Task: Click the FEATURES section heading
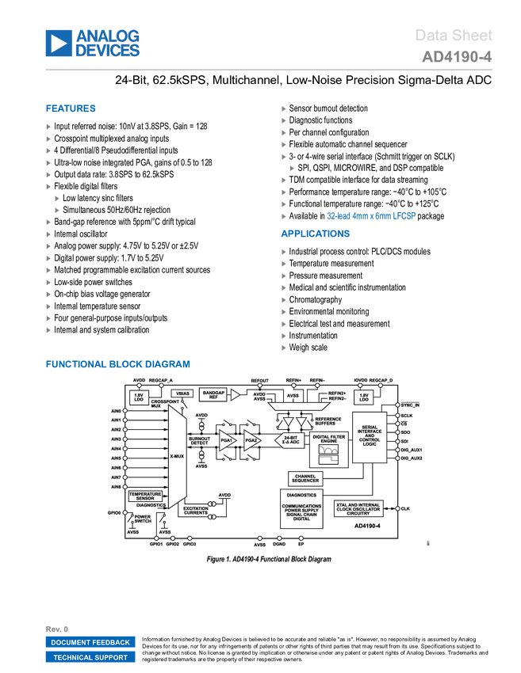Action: click(x=71, y=110)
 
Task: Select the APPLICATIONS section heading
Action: click(x=316, y=234)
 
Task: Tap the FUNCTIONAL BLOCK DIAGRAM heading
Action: click(x=117, y=364)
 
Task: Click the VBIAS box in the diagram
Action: click(x=182, y=394)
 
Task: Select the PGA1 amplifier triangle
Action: click(x=227, y=440)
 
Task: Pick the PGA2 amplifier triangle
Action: click(x=251, y=440)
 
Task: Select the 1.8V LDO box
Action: click(x=364, y=397)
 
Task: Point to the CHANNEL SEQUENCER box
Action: click(x=305, y=478)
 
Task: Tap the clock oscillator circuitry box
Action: click(x=361, y=508)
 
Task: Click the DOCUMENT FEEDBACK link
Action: click(x=90, y=643)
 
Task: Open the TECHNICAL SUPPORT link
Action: click(x=90, y=657)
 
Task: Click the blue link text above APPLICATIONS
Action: click(x=371, y=215)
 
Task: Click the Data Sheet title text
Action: click(x=454, y=35)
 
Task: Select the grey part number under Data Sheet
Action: click(x=457, y=58)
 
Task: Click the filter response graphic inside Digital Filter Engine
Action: click(x=328, y=454)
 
